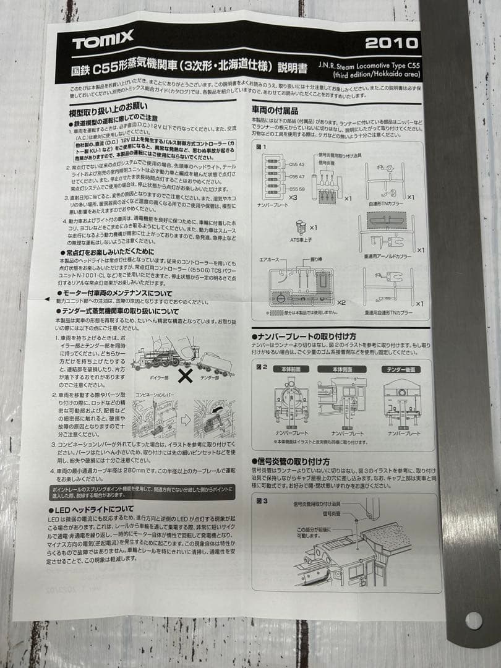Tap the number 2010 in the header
coord(392,43)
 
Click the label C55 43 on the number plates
coord(296,165)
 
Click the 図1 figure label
coord(261,147)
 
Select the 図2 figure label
coord(262,366)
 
